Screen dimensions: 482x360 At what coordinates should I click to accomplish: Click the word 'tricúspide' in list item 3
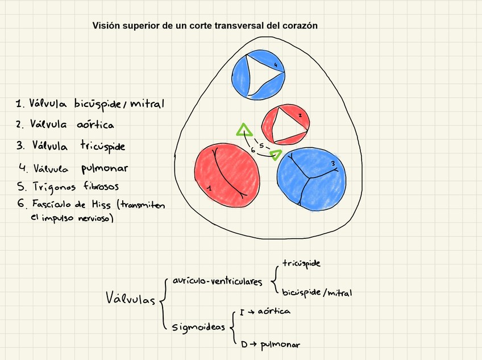point(102,146)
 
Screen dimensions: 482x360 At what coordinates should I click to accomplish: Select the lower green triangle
point(276,154)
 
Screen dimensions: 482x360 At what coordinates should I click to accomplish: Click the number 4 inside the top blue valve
point(276,65)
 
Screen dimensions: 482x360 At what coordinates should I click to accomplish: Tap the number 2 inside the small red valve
point(300,115)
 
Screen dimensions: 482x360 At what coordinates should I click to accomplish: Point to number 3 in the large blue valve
point(333,164)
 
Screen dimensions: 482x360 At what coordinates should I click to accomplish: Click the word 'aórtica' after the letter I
point(274,312)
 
